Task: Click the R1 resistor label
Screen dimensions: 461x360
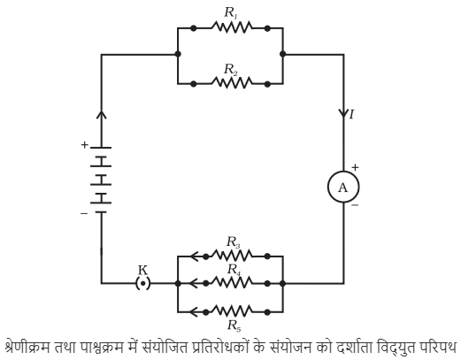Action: pos(231,13)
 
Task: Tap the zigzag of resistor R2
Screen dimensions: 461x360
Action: pos(232,83)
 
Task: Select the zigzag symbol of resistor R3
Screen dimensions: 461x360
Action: pos(232,256)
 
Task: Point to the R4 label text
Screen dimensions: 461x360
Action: pos(234,270)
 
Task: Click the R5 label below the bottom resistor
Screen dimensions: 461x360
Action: pos(234,326)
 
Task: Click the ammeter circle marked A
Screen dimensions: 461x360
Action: pos(343,187)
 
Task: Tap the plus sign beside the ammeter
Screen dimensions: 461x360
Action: pos(355,167)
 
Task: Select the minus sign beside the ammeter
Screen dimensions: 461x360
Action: pos(355,205)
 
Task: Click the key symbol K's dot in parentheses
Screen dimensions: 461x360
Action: pos(143,283)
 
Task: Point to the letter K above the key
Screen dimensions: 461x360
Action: pos(143,270)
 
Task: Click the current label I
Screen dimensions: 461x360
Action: pos(351,114)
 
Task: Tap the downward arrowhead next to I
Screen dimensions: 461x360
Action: pos(343,113)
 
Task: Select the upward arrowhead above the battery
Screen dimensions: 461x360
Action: pos(102,115)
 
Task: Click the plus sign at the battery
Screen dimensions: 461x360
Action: pos(85,145)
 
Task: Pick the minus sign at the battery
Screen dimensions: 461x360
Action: pos(84,213)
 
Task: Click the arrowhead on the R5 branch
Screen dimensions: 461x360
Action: pos(193,311)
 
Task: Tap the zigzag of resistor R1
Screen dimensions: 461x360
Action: pos(232,27)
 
